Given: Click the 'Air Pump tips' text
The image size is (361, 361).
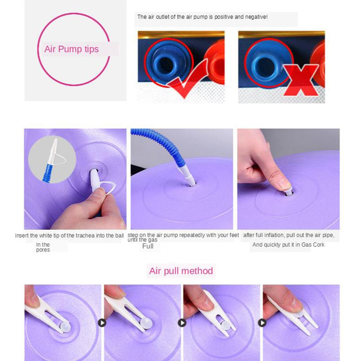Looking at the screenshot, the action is point(71,49).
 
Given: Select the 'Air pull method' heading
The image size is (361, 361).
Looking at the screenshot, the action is point(181,271).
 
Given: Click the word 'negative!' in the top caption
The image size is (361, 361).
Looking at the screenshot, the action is point(256,17).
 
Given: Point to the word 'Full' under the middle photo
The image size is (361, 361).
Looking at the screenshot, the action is point(148,246).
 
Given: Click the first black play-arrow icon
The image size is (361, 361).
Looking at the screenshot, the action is point(102,323).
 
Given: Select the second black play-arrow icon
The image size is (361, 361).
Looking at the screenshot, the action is point(182,323).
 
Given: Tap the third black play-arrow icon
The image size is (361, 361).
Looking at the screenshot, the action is point(262,323).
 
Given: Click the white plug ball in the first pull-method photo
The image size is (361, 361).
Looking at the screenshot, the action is point(65,326).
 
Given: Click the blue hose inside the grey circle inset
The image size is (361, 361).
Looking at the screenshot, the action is point(48,173).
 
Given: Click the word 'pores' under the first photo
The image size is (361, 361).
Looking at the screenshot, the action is point(43,250).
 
